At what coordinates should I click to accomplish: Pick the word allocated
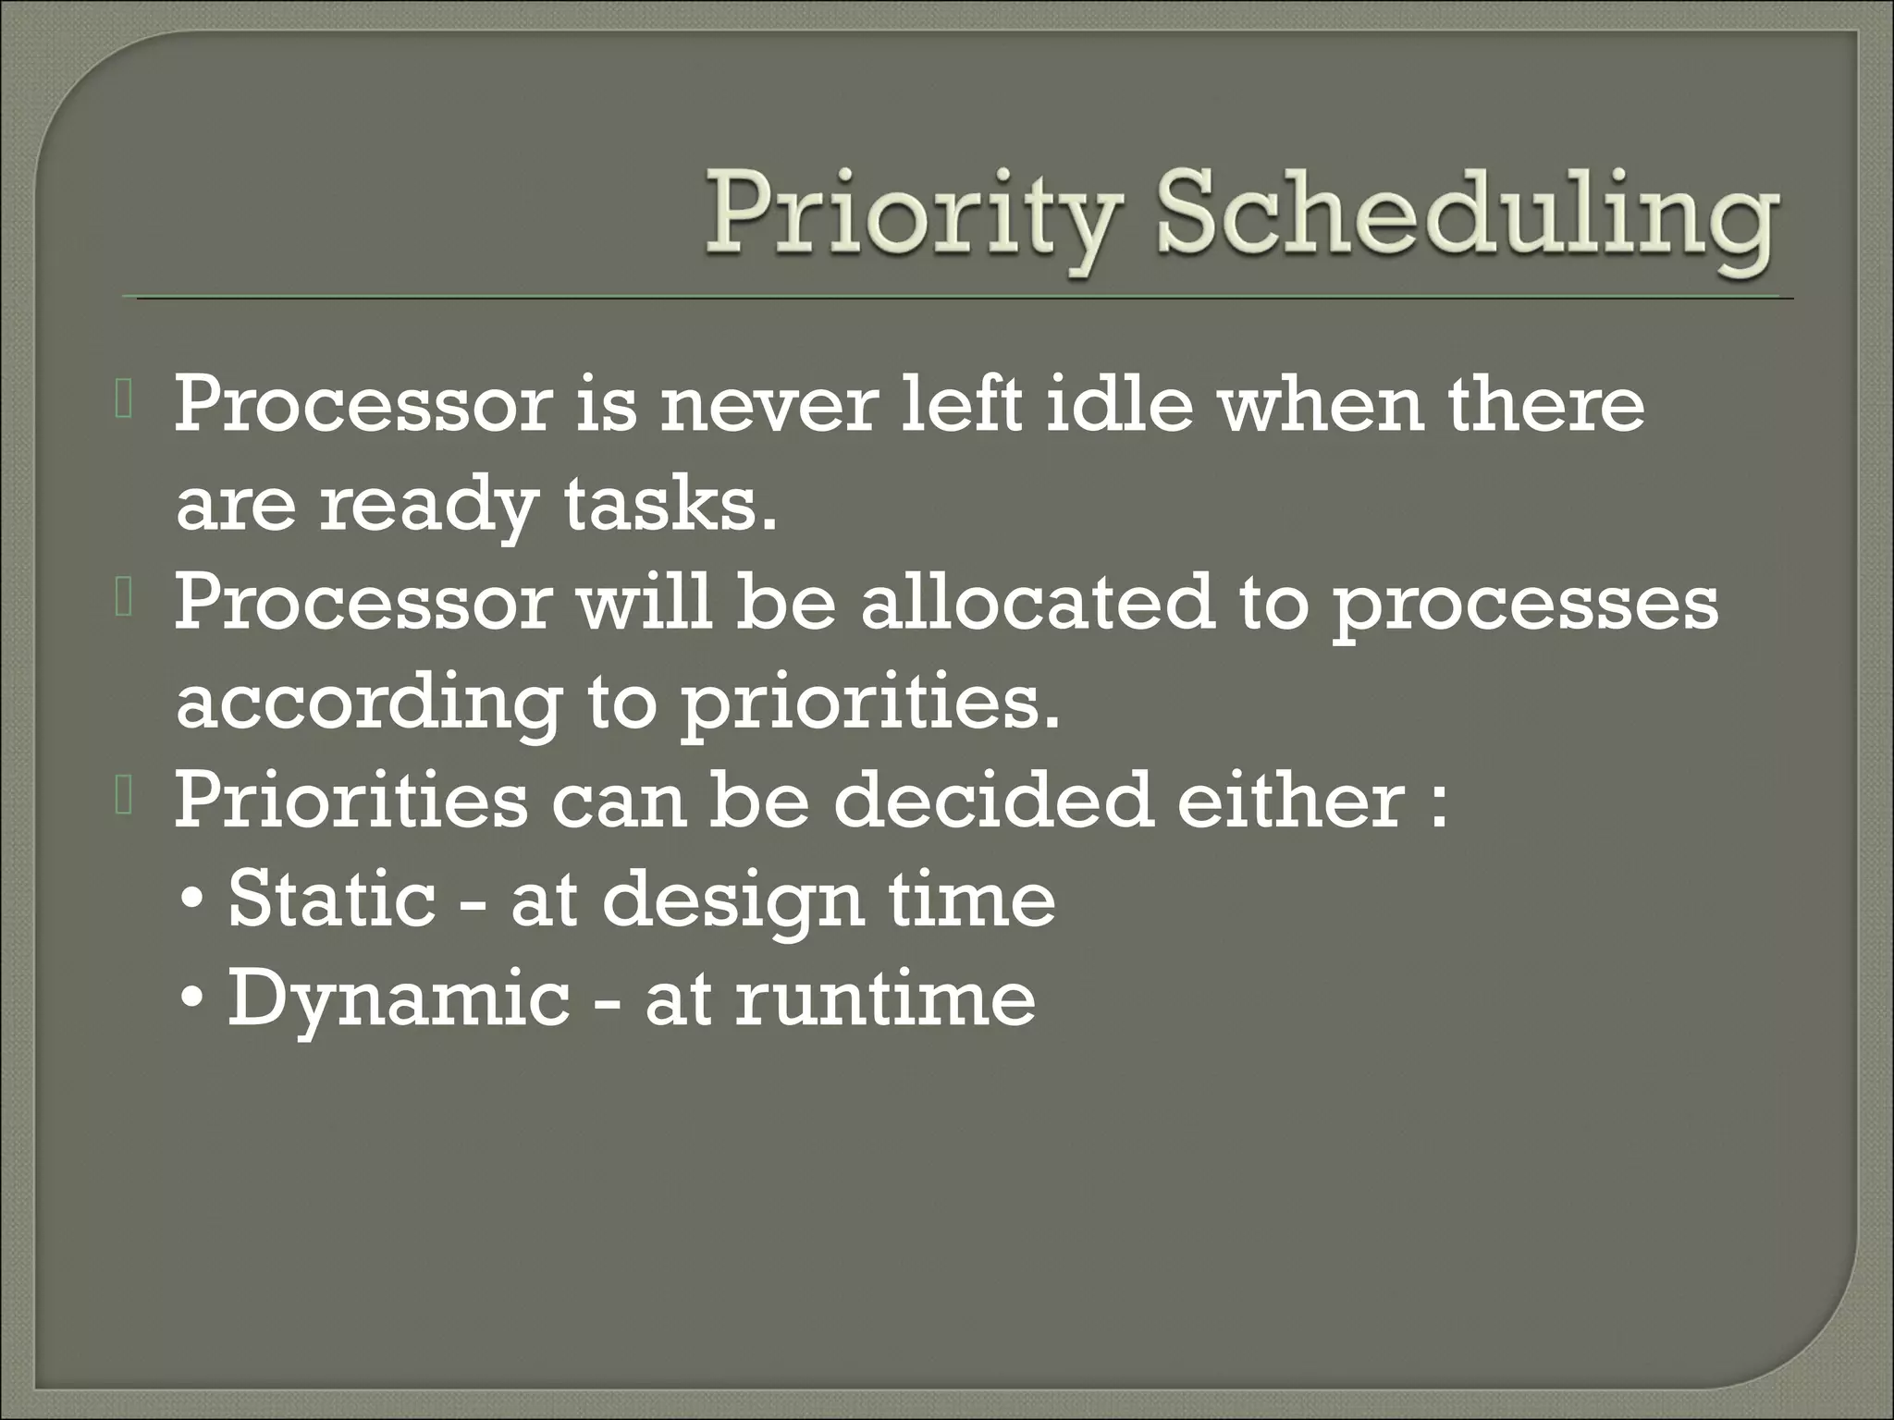(x=1037, y=604)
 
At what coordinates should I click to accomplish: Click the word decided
(x=993, y=801)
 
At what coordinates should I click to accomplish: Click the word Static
(x=331, y=899)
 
